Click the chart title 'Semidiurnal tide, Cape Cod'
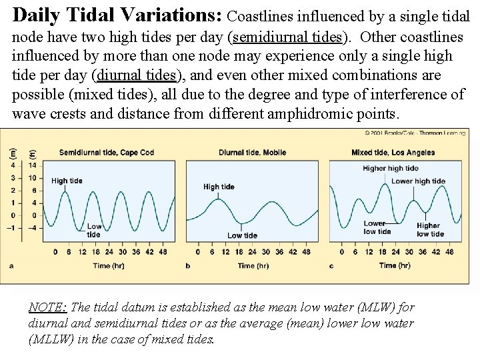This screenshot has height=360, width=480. click(x=106, y=153)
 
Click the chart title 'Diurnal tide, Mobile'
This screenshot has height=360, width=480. click(x=252, y=153)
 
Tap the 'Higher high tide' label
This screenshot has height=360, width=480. click(x=390, y=169)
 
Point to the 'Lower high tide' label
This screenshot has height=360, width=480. click(x=418, y=181)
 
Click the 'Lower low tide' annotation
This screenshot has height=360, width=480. click(x=377, y=227)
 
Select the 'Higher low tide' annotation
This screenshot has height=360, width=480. click(x=430, y=230)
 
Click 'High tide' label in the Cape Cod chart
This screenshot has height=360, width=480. click(x=67, y=181)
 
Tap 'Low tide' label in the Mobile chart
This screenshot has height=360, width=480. click(x=242, y=235)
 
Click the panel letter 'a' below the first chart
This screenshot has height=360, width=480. click(x=11, y=265)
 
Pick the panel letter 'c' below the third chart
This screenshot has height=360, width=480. click(x=331, y=265)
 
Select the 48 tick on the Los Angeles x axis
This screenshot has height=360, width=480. click(x=449, y=253)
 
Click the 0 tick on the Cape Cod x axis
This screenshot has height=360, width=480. click(x=55, y=253)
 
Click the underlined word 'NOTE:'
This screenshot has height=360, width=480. click(x=47, y=308)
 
